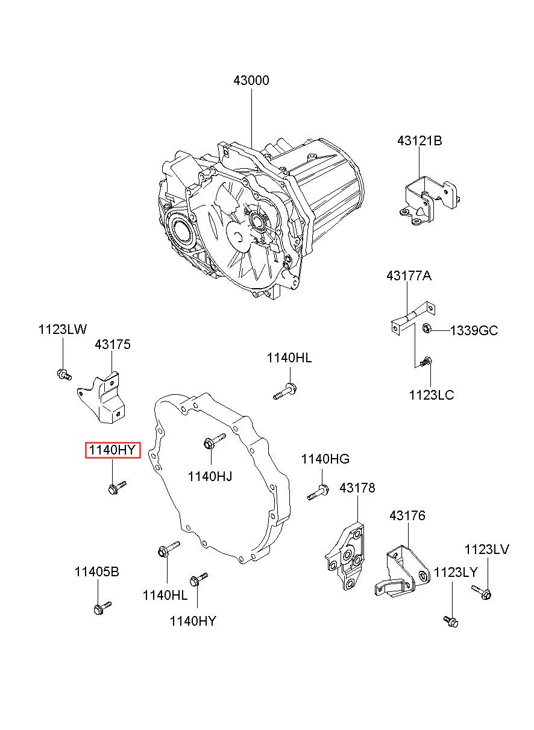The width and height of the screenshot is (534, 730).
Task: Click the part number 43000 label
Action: coord(251,81)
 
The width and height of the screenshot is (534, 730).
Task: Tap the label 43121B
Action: coord(419,141)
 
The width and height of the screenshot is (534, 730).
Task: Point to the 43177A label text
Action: coord(409,276)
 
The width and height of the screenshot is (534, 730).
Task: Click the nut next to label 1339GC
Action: coord(427,329)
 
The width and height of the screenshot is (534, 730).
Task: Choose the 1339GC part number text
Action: coord(474,330)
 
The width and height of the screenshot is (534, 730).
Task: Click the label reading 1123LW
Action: coord(63,329)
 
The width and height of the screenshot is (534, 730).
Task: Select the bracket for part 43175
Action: coord(104,398)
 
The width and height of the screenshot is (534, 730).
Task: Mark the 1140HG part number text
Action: coord(325,459)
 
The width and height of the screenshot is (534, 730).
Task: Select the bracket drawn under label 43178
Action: coord(346,555)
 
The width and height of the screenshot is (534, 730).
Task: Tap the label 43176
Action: coord(407,516)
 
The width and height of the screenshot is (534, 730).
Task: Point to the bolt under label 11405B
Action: coord(102,608)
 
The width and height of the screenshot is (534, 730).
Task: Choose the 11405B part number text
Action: coord(96,572)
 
